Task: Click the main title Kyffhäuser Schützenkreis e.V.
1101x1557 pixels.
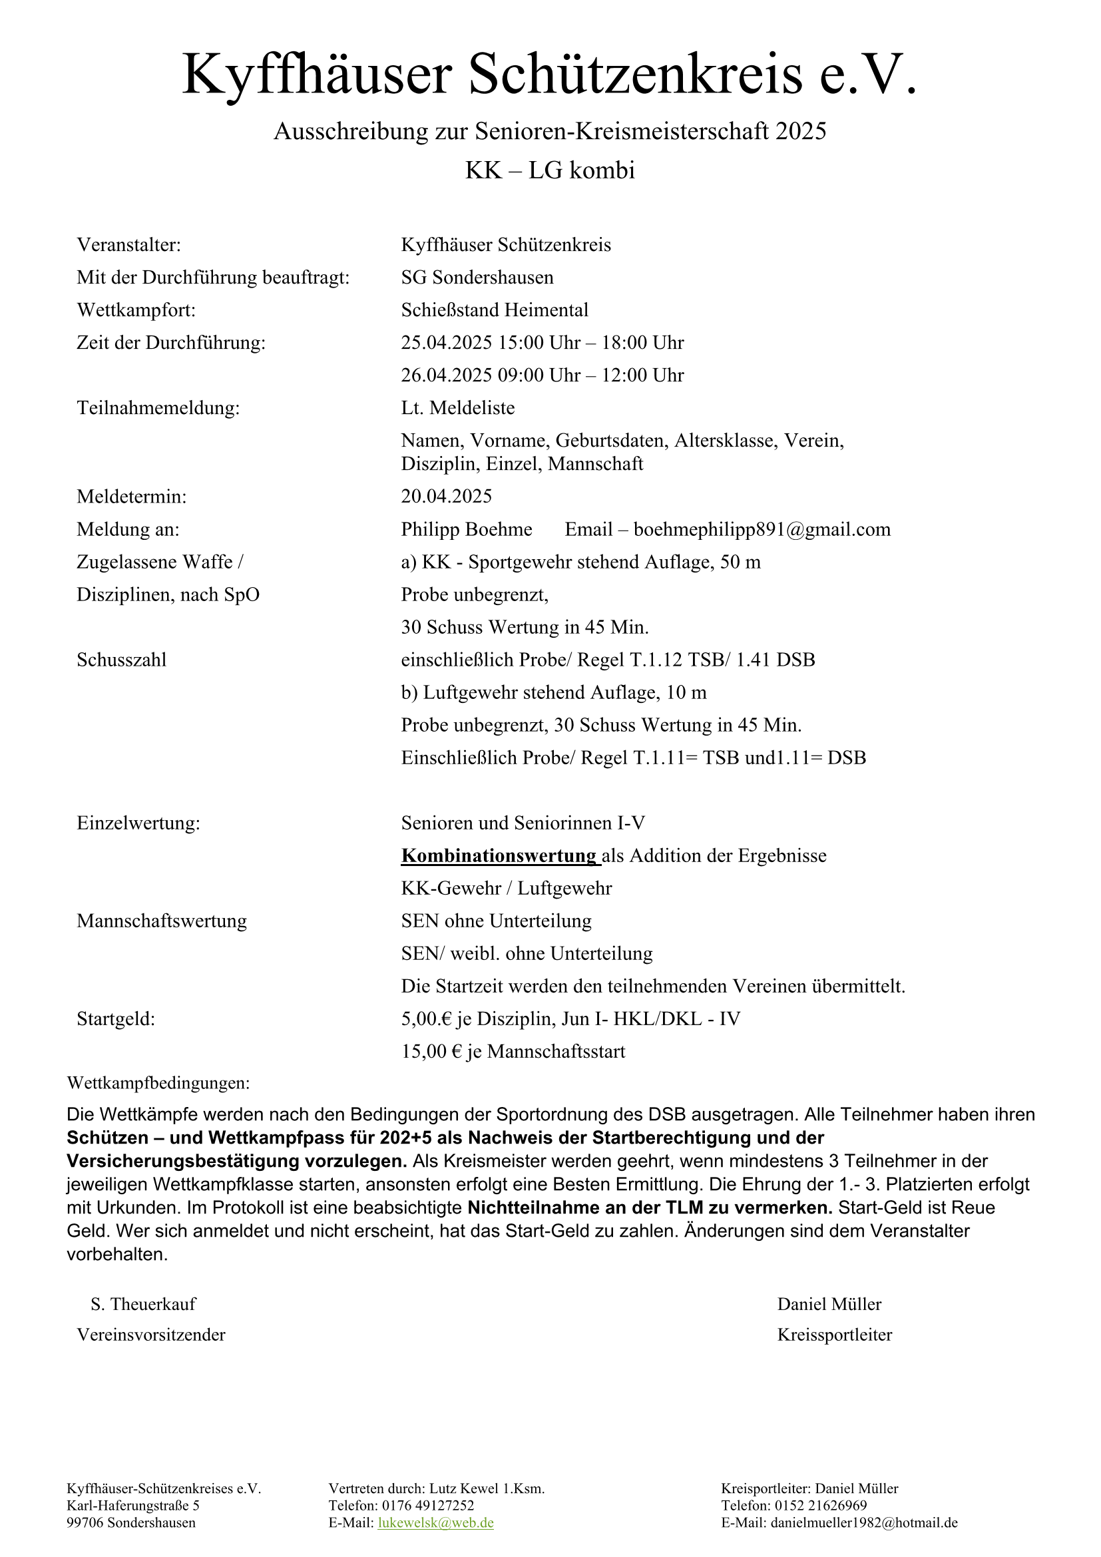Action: (x=550, y=75)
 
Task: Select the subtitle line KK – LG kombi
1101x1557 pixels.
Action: (x=550, y=170)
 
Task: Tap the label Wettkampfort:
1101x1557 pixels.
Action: (x=136, y=310)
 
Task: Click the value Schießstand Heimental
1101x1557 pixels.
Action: (x=494, y=310)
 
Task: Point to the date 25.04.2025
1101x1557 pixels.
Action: (x=446, y=342)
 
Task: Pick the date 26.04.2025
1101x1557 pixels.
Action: (x=446, y=375)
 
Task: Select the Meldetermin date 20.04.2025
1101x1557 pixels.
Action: (x=446, y=497)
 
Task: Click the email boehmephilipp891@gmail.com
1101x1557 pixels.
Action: (x=762, y=529)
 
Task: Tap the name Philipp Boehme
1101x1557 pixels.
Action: (x=467, y=529)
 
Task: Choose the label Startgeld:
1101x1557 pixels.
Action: (x=116, y=1018)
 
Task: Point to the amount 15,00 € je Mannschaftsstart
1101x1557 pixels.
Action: (x=513, y=1051)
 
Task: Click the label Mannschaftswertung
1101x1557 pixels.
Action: (x=161, y=921)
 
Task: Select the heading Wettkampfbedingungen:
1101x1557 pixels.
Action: (x=158, y=1083)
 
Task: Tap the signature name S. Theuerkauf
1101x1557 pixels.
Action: (x=143, y=1304)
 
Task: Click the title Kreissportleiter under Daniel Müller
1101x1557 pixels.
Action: (x=834, y=1335)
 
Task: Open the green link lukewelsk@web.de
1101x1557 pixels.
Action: (x=435, y=1523)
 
